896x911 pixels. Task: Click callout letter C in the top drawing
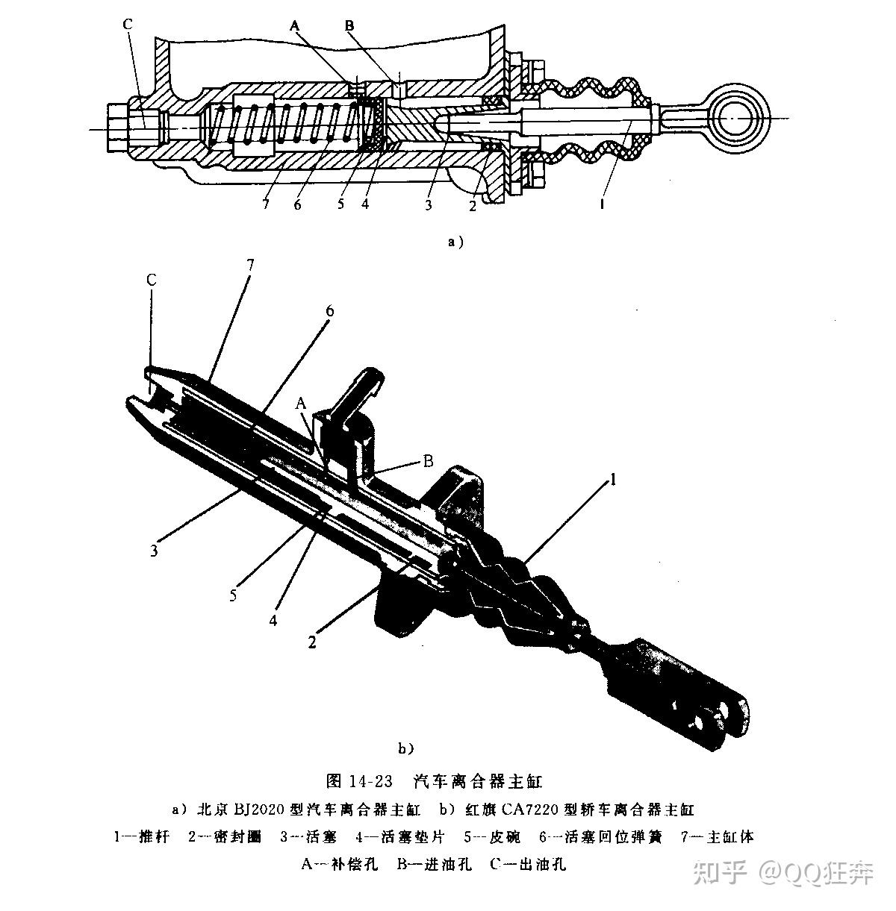(x=128, y=25)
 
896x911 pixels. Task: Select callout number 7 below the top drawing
(x=266, y=204)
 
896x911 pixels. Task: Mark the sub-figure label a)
(x=455, y=241)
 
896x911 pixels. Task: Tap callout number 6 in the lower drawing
(x=329, y=308)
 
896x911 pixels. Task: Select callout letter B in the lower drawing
(x=429, y=461)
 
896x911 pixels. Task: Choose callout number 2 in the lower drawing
(x=314, y=641)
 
